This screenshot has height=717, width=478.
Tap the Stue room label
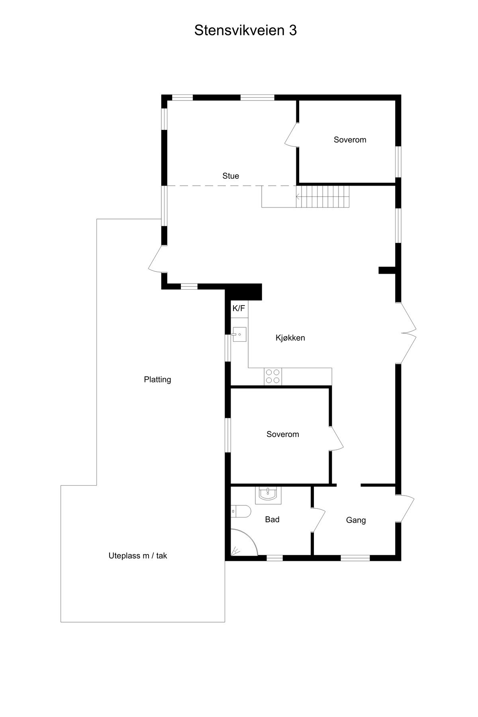point(231,176)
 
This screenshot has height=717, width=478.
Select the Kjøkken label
point(290,338)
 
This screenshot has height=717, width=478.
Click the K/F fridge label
point(239,308)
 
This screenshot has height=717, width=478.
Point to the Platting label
point(157,380)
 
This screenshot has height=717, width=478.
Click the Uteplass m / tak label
point(138,556)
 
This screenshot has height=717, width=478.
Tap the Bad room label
point(272,519)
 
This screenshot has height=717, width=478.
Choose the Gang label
point(356,520)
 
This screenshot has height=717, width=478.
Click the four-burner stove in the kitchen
point(272,376)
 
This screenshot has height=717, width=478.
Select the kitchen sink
point(239,335)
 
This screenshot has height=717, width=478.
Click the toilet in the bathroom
point(241,511)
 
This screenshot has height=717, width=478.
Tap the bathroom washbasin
point(268,495)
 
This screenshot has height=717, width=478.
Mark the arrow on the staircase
point(298,196)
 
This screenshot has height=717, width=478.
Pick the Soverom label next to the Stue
point(350,140)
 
